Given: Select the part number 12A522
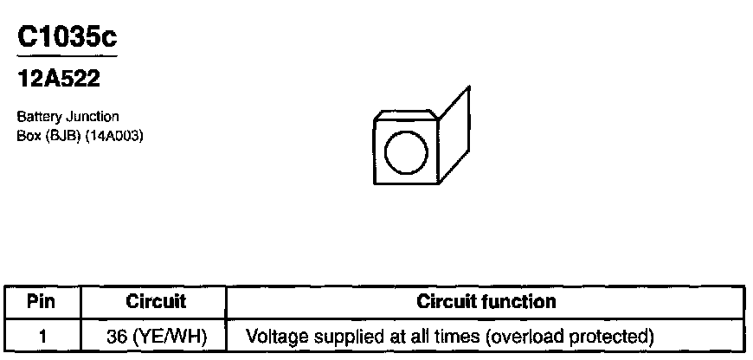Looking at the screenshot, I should pos(59,80).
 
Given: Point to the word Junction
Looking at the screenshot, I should pos(94,116).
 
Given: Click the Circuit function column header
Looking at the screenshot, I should pos(486,302).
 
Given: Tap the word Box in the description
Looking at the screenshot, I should pos(28,136).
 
